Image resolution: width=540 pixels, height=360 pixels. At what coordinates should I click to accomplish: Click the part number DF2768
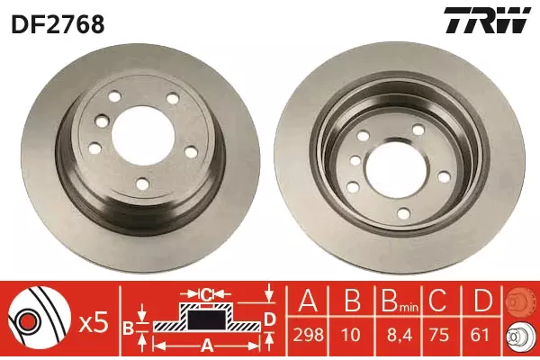point(58,24)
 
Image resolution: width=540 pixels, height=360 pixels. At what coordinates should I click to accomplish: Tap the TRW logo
point(487,20)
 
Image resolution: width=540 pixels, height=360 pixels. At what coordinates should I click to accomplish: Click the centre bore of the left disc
point(142,135)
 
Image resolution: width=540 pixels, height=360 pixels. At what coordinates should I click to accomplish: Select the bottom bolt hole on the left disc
point(142,184)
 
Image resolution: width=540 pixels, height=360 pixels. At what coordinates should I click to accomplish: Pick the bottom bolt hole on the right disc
point(403,212)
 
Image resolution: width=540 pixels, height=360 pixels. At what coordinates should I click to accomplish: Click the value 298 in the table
point(308,335)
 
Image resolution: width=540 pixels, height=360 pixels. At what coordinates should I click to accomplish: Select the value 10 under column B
point(351,335)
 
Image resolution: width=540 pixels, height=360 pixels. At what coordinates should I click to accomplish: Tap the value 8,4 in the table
point(400,335)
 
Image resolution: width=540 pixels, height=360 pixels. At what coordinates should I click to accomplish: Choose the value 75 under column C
point(438,335)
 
